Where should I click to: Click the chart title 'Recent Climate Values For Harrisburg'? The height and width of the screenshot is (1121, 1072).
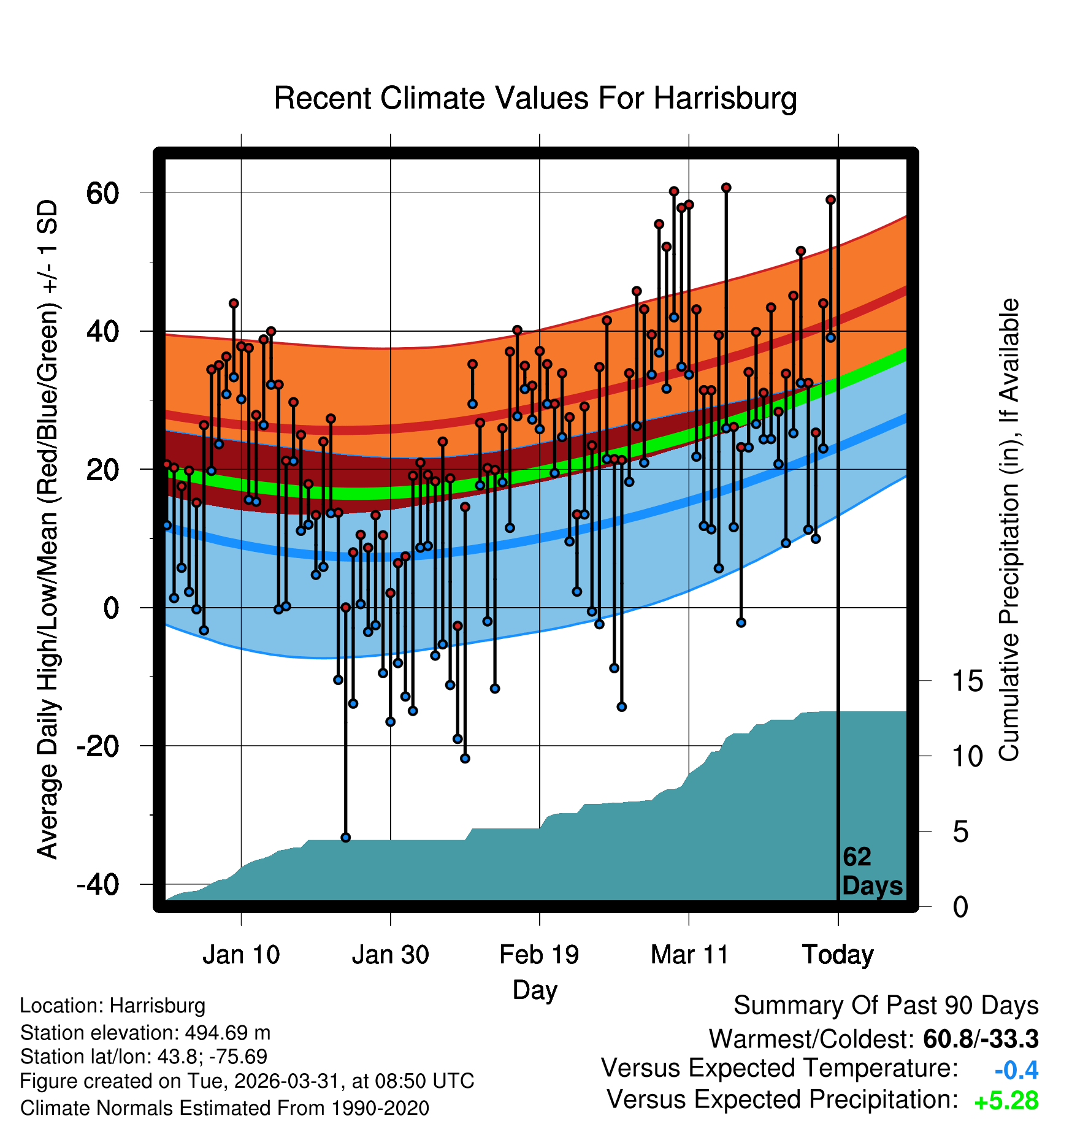(535, 98)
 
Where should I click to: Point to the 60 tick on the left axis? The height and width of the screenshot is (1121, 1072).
(102, 193)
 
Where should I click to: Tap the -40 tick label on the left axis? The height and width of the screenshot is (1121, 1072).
(98, 885)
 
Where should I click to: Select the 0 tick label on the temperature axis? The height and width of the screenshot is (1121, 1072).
(111, 608)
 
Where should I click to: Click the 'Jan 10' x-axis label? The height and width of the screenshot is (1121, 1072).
(241, 955)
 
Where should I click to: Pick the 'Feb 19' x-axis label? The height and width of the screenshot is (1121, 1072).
(539, 955)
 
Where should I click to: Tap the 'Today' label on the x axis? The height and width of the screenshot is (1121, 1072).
(838, 955)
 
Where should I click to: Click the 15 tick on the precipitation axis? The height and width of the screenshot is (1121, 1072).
(967, 681)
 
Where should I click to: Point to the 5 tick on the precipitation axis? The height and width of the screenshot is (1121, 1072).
(960, 832)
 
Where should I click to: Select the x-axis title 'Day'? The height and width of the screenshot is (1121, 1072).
(535, 990)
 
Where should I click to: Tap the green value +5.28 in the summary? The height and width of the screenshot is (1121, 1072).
(1006, 1101)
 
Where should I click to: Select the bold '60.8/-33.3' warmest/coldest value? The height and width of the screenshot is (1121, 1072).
(981, 1039)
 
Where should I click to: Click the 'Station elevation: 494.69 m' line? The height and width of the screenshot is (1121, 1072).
(145, 1033)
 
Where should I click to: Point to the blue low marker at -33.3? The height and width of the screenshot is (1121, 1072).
(345, 837)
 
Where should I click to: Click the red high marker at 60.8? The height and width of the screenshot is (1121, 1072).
(726, 188)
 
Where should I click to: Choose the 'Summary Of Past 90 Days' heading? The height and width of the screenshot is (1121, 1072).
(886, 1006)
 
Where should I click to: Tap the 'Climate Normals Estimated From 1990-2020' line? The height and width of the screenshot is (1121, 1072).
(224, 1108)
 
